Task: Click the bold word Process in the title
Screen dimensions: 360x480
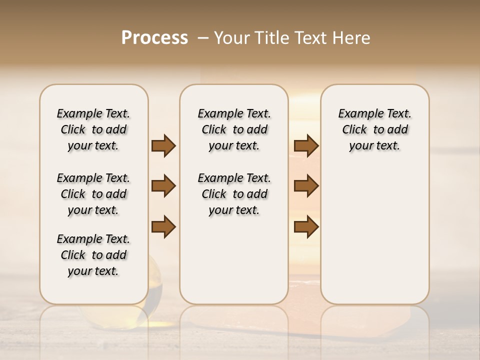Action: click(x=154, y=37)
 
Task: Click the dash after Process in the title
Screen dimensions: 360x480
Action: click(x=203, y=38)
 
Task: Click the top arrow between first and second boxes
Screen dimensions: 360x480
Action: click(x=163, y=145)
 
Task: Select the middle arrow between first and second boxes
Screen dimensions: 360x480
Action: click(x=163, y=186)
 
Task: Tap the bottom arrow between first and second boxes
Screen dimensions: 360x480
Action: click(x=163, y=226)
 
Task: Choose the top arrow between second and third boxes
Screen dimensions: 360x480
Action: click(x=306, y=145)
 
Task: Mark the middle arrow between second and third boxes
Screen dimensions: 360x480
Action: click(x=306, y=186)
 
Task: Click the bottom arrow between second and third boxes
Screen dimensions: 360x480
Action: click(x=306, y=226)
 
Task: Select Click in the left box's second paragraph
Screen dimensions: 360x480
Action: click(x=73, y=194)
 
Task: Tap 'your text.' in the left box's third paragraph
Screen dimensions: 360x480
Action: click(x=93, y=271)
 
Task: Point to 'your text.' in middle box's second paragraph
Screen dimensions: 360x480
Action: click(x=234, y=210)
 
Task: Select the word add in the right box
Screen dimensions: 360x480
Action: click(x=397, y=129)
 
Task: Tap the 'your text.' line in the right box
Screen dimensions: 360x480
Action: click(x=374, y=145)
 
